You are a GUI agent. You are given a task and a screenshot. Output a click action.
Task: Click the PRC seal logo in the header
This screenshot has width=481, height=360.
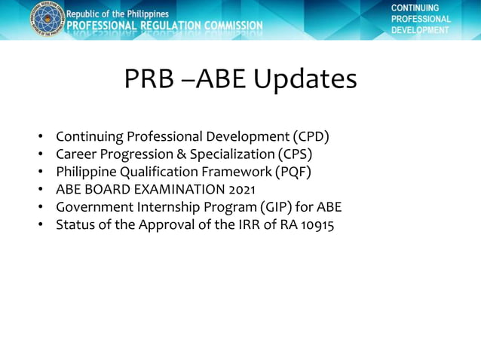click(47, 18)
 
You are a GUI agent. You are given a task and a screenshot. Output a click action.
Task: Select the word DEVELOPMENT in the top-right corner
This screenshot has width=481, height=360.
click(420, 30)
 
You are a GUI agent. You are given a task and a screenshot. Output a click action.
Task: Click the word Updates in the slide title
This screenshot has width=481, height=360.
click(305, 79)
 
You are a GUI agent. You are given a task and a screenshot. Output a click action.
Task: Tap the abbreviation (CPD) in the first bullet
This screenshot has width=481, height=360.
click(311, 137)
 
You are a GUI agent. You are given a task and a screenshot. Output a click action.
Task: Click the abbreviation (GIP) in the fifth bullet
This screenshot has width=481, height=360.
click(273, 206)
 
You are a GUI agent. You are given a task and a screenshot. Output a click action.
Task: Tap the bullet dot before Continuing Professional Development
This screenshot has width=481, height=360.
click(41, 138)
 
